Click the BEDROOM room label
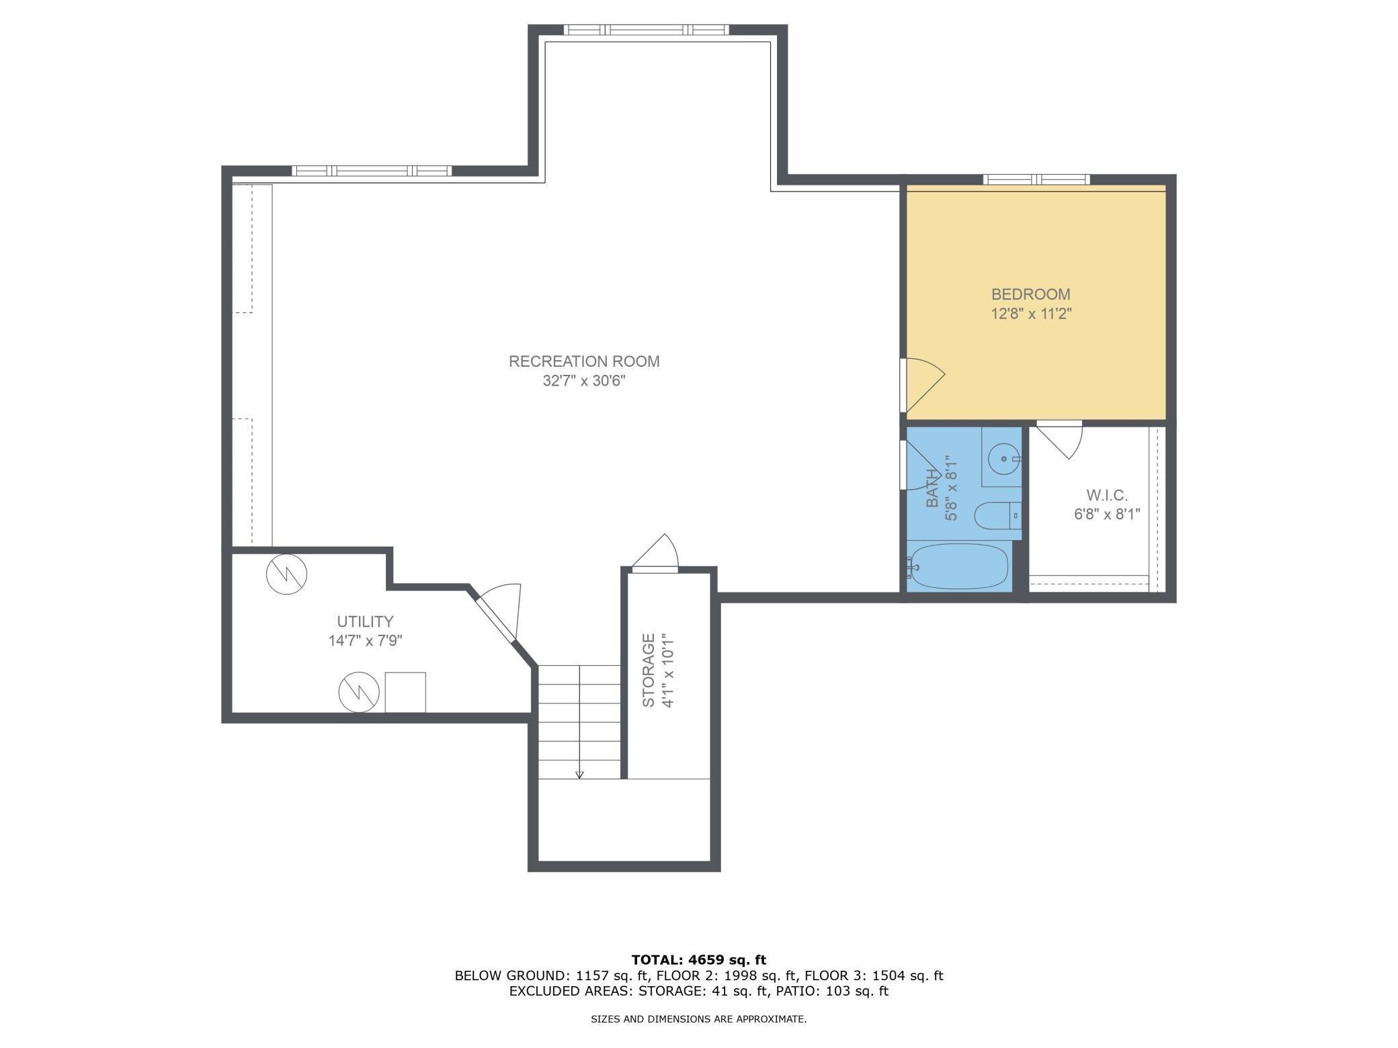1031,294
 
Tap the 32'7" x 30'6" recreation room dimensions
584,381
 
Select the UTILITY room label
365,621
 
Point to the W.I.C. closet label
1106,495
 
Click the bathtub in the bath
958,566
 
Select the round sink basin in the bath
1004,459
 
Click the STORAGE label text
649,670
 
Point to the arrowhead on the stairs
579,775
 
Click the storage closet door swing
655,553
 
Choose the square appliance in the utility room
405,692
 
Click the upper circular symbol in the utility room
287,574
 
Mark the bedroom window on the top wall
1036,179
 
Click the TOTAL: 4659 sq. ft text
699,960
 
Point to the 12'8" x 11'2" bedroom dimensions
1031,314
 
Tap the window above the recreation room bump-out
646,30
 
